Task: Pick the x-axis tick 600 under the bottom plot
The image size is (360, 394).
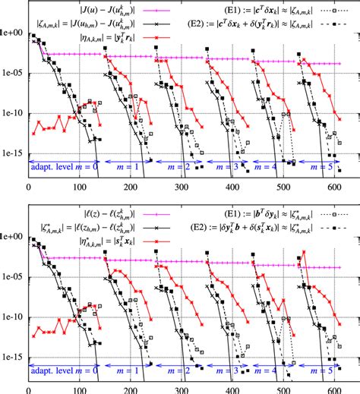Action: pyautogui.click(x=333, y=386)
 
